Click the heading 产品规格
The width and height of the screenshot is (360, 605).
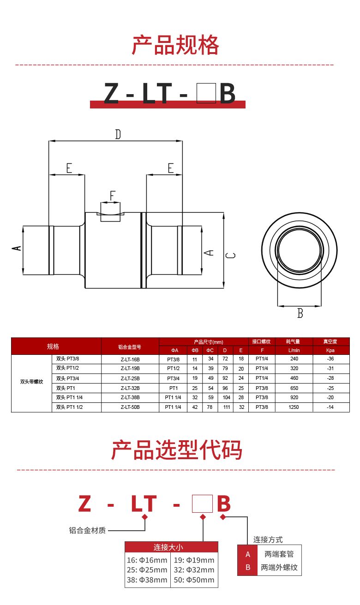click(x=175, y=45)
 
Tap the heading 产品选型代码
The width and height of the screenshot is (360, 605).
click(x=176, y=450)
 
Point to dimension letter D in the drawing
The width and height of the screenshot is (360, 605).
click(x=118, y=134)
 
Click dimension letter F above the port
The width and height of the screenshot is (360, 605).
click(x=112, y=196)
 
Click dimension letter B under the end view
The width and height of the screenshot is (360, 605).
click(x=300, y=313)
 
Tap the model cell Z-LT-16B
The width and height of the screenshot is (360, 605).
click(x=130, y=359)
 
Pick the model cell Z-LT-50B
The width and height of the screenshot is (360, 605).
click(x=130, y=407)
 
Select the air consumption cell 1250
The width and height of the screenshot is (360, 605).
click(x=294, y=407)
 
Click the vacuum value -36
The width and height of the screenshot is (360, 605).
click(x=330, y=359)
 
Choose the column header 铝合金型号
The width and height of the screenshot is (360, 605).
click(x=130, y=347)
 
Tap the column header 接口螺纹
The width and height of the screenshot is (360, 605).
click(x=262, y=342)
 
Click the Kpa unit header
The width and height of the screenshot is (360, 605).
click(x=330, y=351)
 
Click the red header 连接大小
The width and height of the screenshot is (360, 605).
click(x=171, y=547)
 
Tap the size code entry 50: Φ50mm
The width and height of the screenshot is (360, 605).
click(x=194, y=580)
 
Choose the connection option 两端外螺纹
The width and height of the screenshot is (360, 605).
click(x=279, y=567)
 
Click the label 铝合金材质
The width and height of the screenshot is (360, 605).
click(x=87, y=531)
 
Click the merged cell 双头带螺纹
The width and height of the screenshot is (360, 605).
click(x=31, y=382)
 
